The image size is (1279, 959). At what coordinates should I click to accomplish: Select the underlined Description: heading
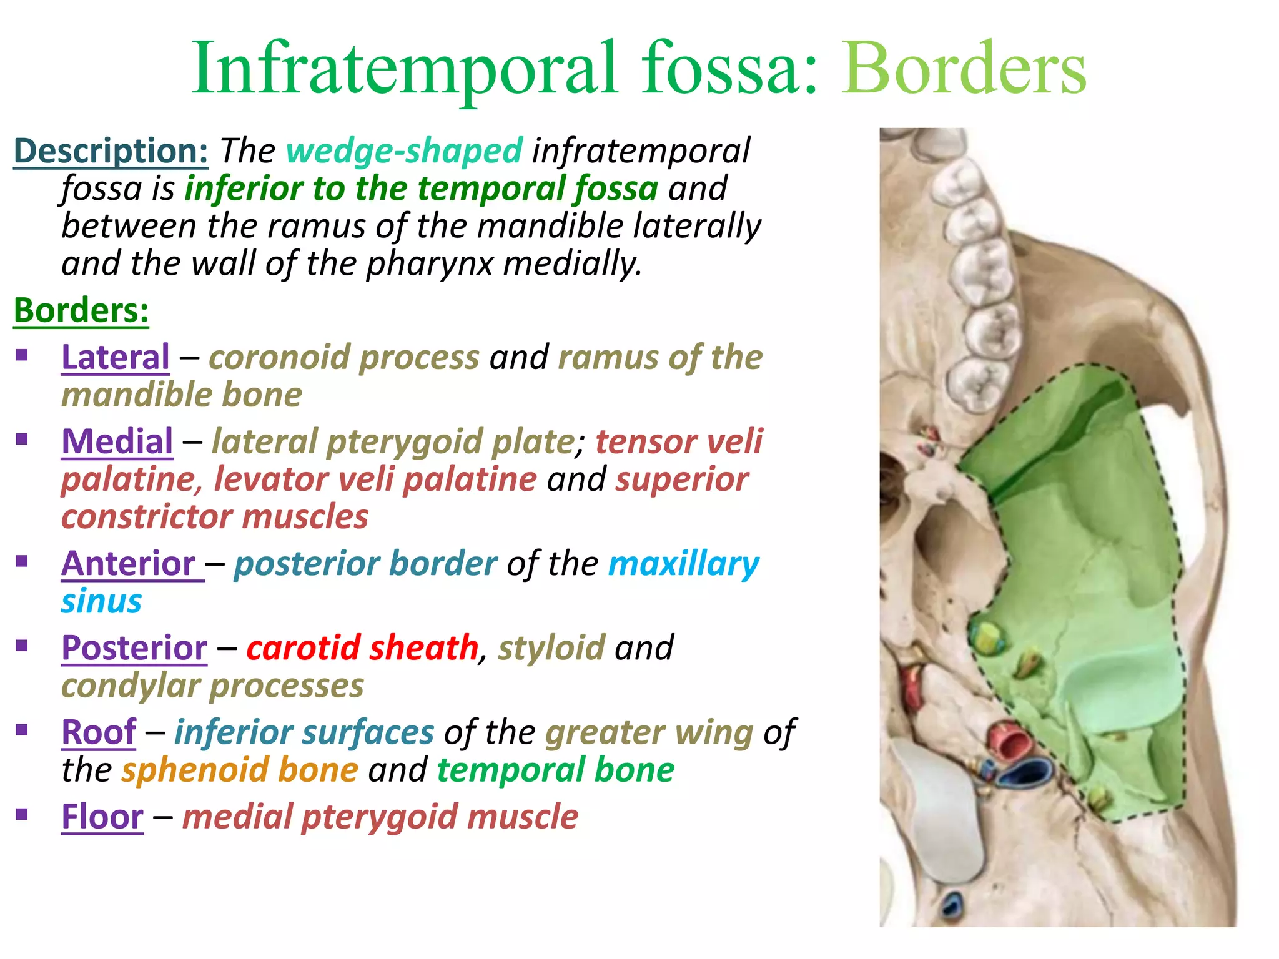point(111,151)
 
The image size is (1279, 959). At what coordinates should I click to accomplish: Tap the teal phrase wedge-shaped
point(404,151)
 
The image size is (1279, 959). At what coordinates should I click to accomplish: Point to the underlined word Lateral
point(116,357)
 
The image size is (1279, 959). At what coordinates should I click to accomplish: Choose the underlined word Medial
point(117,441)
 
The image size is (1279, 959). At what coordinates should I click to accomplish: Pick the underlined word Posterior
point(134,647)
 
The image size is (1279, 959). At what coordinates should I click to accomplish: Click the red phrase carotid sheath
point(362,647)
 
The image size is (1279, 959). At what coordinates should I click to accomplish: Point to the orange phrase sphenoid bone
point(240,770)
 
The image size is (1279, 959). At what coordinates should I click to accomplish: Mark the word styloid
point(551,647)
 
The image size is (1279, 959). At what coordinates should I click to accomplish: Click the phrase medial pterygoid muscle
point(380,817)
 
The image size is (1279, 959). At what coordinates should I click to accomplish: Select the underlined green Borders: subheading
point(82,310)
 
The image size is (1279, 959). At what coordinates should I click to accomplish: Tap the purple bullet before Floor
point(22,814)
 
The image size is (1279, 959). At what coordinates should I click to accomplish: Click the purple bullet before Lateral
point(22,355)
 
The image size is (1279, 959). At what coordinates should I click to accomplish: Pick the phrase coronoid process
point(344,357)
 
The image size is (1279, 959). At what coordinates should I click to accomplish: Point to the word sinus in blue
point(102,601)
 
